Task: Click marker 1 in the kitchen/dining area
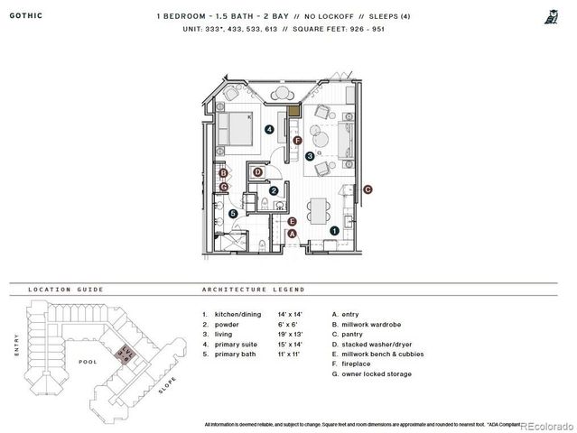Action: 335,231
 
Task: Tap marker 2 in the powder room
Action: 274,190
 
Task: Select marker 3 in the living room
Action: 310,156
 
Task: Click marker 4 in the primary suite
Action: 270,130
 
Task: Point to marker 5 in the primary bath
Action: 233,214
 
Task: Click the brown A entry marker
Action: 291,234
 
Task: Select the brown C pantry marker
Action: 368,189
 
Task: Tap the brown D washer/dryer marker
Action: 258,172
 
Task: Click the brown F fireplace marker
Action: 297,140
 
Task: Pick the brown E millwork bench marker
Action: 292,220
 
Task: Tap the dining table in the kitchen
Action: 319,209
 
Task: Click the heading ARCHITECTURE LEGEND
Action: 254,290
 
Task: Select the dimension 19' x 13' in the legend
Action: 293,333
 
